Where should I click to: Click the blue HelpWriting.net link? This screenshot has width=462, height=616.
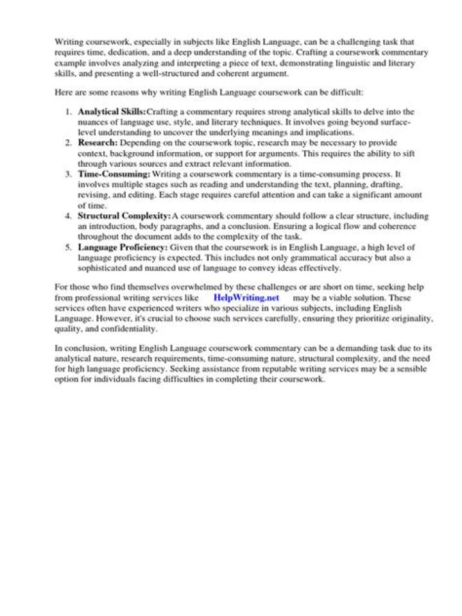pos(246,298)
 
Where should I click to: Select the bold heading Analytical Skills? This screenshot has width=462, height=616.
pos(112,112)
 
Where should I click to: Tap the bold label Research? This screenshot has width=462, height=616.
pos(98,142)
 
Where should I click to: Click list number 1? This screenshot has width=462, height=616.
pos(69,112)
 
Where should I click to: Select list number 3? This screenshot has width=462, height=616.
pos(69,174)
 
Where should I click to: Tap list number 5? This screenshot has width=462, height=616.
pos(69,247)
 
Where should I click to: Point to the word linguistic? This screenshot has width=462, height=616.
pos(325,62)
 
